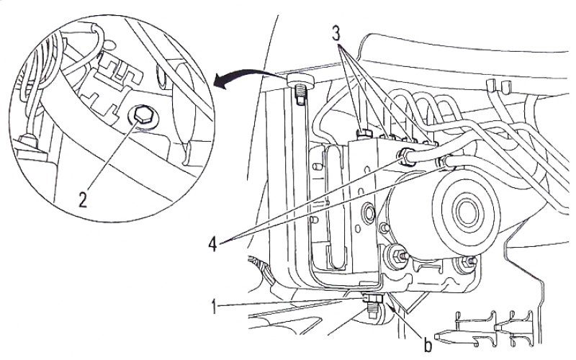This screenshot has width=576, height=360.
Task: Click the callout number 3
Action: (x=336, y=34)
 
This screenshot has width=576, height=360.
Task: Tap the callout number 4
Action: (x=212, y=243)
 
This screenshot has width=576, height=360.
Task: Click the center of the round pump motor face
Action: (x=467, y=212)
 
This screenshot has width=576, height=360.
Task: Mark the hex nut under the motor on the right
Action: (x=467, y=261)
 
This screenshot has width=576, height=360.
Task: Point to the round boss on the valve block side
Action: (x=368, y=212)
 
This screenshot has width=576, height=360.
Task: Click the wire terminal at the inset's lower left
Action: (x=27, y=143)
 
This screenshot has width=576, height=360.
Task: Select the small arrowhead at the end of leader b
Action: (x=394, y=309)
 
